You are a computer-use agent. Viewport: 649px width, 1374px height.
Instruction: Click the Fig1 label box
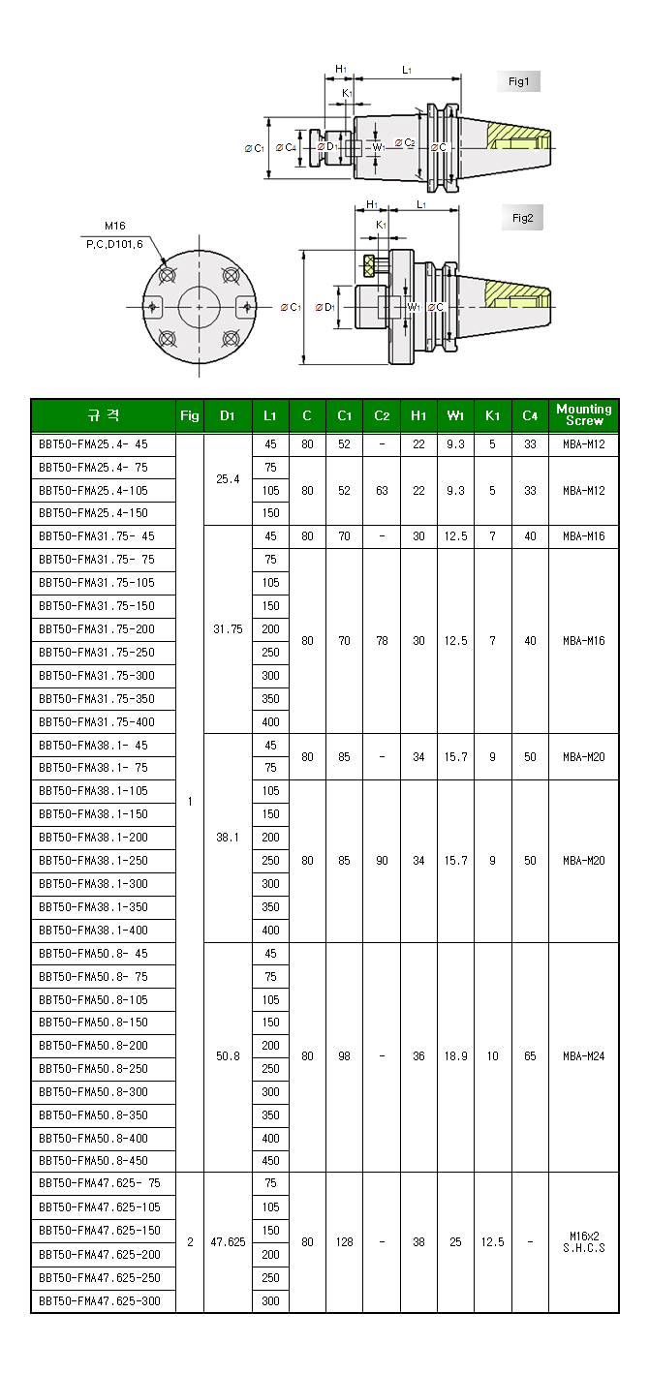point(518,81)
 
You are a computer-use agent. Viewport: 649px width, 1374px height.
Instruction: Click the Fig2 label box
point(522,218)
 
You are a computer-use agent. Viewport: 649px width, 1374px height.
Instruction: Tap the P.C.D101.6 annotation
point(114,243)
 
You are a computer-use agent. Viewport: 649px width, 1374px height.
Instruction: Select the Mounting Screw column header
point(584,415)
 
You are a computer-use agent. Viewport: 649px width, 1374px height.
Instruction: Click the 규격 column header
point(103,415)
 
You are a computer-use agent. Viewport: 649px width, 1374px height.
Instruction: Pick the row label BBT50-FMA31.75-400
point(97,721)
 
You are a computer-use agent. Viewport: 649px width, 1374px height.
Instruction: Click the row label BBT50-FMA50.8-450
point(94,1160)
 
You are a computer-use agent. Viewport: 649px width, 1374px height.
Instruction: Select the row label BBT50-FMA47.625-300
point(100,1300)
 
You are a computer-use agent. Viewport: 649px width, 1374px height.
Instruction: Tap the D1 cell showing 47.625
point(228,1242)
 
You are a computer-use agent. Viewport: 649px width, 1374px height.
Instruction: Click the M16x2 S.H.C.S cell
point(584,1242)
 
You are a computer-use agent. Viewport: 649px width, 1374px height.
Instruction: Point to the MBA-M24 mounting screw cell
point(584,1056)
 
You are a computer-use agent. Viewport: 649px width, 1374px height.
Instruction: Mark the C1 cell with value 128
point(345,1242)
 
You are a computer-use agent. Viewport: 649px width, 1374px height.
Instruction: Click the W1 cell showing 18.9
point(455,1056)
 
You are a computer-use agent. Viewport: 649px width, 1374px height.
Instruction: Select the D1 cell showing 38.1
point(228,838)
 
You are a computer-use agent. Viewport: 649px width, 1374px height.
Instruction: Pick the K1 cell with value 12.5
point(493,1242)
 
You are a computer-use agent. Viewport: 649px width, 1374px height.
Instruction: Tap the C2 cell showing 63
point(382,490)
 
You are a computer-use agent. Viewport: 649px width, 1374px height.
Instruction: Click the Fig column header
point(190,415)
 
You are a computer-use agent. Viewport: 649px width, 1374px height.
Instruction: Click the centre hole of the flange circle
point(200,307)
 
